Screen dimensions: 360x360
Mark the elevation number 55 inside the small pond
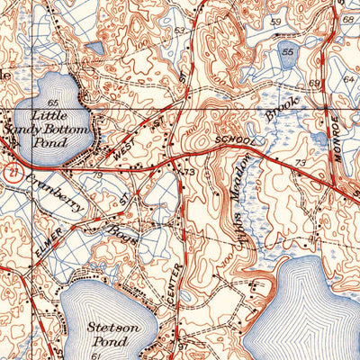(288, 53)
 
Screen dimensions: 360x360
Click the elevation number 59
(274, 20)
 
